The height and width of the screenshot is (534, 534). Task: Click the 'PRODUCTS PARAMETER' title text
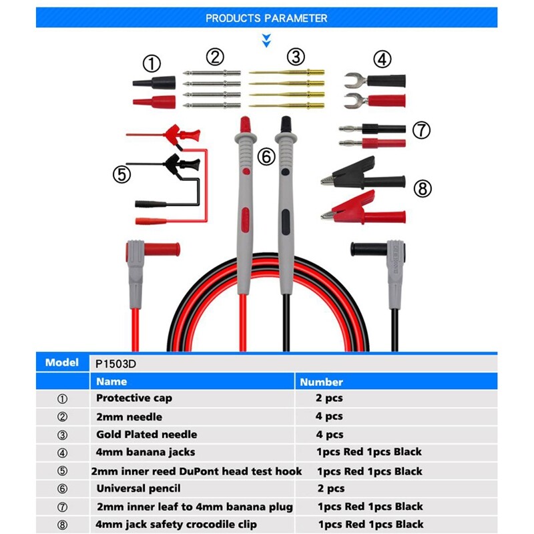[x=266, y=18]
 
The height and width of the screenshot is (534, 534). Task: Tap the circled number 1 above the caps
[x=152, y=64]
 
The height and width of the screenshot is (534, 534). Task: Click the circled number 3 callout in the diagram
[x=296, y=57]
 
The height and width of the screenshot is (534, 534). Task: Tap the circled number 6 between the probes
[x=266, y=157]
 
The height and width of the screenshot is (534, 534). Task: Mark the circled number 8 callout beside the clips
[x=422, y=189]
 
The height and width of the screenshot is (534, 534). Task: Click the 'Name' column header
[x=111, y=382]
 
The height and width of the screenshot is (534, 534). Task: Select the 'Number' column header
[x=321, y=382]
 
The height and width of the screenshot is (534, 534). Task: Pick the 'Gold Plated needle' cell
[x=146, y=434]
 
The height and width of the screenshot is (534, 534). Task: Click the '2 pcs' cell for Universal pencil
[x=330, y=489]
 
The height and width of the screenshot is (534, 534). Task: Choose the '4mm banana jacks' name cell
[x=146, y=452]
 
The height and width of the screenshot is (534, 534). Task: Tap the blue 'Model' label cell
[x=62, y=363]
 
